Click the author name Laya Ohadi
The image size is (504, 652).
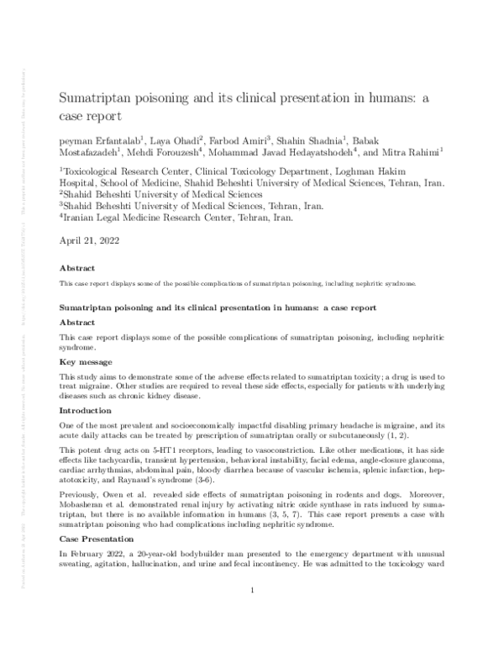pyautogui.click(x=177, y=138)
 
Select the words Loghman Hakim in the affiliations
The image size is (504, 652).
pyautogui.click(x=410, y=170)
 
